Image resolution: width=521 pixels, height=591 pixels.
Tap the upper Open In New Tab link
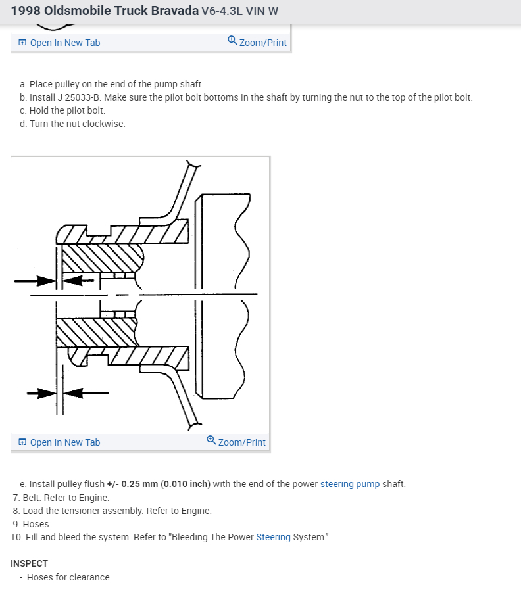click(x=64, y=43)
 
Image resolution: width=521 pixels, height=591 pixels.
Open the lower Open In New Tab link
click(x=64, y=442)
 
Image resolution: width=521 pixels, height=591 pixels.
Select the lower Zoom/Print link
click(x=242, y=442)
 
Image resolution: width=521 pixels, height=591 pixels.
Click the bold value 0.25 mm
click(x=140, y=484)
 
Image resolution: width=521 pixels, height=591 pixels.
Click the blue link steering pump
click(x=350, y=484)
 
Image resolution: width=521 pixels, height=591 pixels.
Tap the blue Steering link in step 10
click(x=273, y=537)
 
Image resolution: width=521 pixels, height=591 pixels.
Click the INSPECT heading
click(x=30, y=563)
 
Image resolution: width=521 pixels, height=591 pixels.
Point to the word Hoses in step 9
click(x=37, y=524)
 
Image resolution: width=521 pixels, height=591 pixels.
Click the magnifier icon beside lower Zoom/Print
click(x=211, y=441)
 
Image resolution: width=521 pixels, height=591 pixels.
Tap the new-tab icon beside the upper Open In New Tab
click(x=22, y=43)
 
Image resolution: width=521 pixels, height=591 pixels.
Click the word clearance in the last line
click(x=90, y=577)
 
